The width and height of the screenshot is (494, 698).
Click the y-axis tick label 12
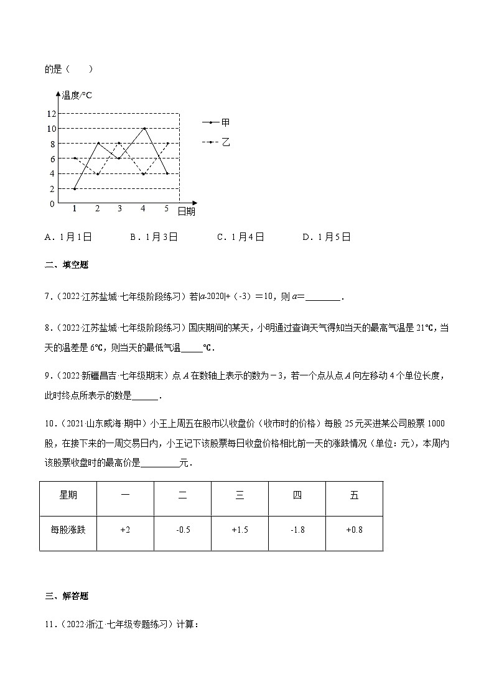click(x=51, y=114)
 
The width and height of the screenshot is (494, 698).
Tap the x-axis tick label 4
click(x=143, y=209)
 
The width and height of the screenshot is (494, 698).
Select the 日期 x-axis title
click(x=186, y=211)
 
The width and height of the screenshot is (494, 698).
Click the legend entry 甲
click(x=225, y=122)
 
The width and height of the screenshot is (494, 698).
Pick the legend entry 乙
click(x=225, y=142)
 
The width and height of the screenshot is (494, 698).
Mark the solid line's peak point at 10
click(x=144, y=129)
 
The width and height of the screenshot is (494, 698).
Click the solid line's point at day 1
click(x=75, y=188)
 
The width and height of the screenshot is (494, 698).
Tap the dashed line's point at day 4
click(x=144, y=173)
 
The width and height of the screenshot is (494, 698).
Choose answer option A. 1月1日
click(x=68, y=237)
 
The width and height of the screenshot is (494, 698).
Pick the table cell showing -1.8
click(x=297, y=530)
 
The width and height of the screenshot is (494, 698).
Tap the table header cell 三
click(x=240, y=495)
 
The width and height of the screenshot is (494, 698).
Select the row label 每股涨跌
click(x=68, y=530)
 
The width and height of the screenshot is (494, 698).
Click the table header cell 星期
click(x=68, y=495)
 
